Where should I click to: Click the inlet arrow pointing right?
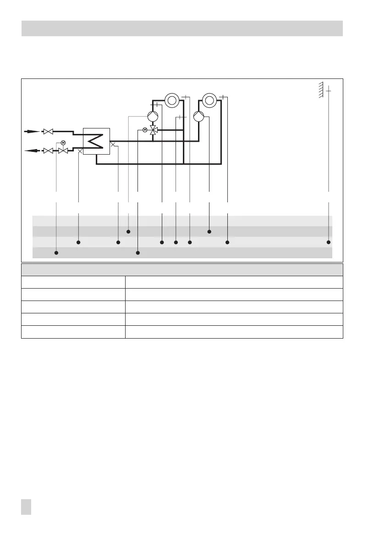(32, 132)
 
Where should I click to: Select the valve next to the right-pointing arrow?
(48, 132)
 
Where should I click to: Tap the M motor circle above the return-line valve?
(63, 143)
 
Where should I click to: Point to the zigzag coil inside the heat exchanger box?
(97, 141)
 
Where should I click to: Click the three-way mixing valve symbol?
(154, 130)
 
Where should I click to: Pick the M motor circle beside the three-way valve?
(145, 130)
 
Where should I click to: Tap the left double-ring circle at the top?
(172, 100)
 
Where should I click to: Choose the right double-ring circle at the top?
(209, 100)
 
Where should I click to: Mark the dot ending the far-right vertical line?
(329, 242)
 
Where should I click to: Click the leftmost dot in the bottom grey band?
(56, 253)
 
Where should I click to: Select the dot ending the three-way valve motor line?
(138, 253)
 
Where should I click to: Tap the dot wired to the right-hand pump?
(209, 231)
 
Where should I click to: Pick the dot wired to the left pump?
(128, 231)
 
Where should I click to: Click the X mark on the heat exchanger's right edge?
(112, 145)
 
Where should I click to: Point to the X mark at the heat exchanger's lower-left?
(81, 150)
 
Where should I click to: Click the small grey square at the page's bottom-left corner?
(26, 507)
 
